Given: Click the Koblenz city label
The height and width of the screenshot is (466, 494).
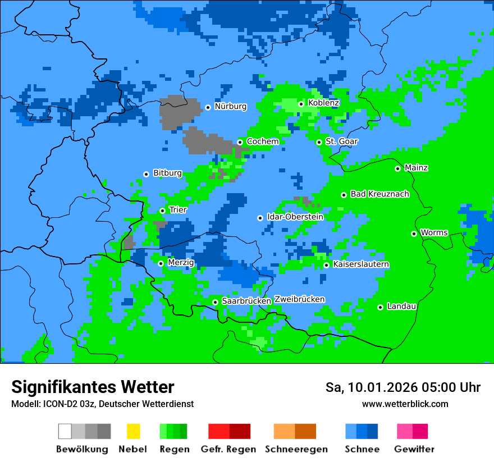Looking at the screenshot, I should [x=323, y=103].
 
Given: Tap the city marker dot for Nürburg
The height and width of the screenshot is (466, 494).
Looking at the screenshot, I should [x=208, y=107].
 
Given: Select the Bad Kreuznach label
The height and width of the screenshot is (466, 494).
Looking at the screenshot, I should [x=379, y=194].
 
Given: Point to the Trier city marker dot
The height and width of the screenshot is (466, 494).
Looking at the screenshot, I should [x=163, y=211].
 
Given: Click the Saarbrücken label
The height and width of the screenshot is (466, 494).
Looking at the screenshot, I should [x=246, y=301].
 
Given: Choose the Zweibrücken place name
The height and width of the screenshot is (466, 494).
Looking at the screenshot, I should [x=299, y=299].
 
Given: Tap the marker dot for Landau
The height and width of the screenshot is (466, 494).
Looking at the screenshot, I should [x=381, y=307].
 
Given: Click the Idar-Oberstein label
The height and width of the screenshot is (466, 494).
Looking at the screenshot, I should [x=295, y=217].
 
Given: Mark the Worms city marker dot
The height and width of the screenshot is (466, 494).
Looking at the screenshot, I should [x=414, y=234].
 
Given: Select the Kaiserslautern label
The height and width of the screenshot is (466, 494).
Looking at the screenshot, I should [x=361, y=264].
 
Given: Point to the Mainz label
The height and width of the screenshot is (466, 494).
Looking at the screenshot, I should [x=416, y=168].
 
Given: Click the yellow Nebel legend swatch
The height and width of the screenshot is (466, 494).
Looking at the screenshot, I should [x=133, y=431].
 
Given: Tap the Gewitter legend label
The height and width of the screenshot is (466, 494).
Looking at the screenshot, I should [x=414, y=449].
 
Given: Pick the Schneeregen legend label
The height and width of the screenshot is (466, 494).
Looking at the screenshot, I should [x=296, y=449].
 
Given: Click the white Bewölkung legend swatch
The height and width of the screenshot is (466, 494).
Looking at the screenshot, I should [x=65, y=431].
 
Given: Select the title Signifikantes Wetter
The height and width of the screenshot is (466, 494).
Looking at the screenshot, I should [x=93, y=387].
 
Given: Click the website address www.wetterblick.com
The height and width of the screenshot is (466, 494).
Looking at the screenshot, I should [x=405, y=404].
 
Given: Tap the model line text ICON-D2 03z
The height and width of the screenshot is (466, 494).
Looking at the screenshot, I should [x=65, y=404].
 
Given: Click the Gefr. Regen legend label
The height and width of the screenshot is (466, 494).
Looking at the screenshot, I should [x=228, y=449].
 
